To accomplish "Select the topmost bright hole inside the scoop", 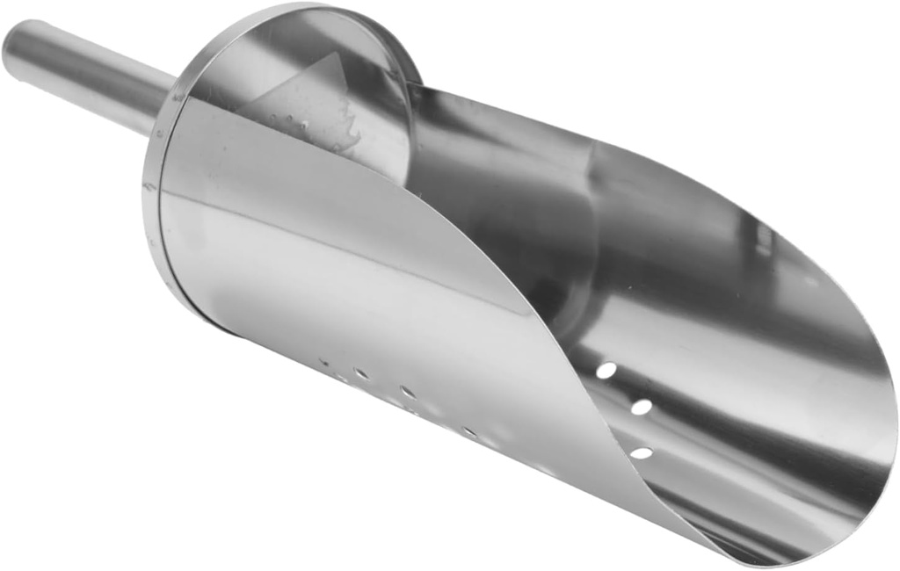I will (606, 371).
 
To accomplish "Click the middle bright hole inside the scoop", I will (642, 407).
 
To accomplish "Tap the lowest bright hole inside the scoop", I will (642, 453).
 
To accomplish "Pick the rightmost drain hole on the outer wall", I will (470, 431).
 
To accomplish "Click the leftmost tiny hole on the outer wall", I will (324, 361).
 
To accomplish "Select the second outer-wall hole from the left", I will (360, 373).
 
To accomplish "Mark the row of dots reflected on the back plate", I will (290, 123).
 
